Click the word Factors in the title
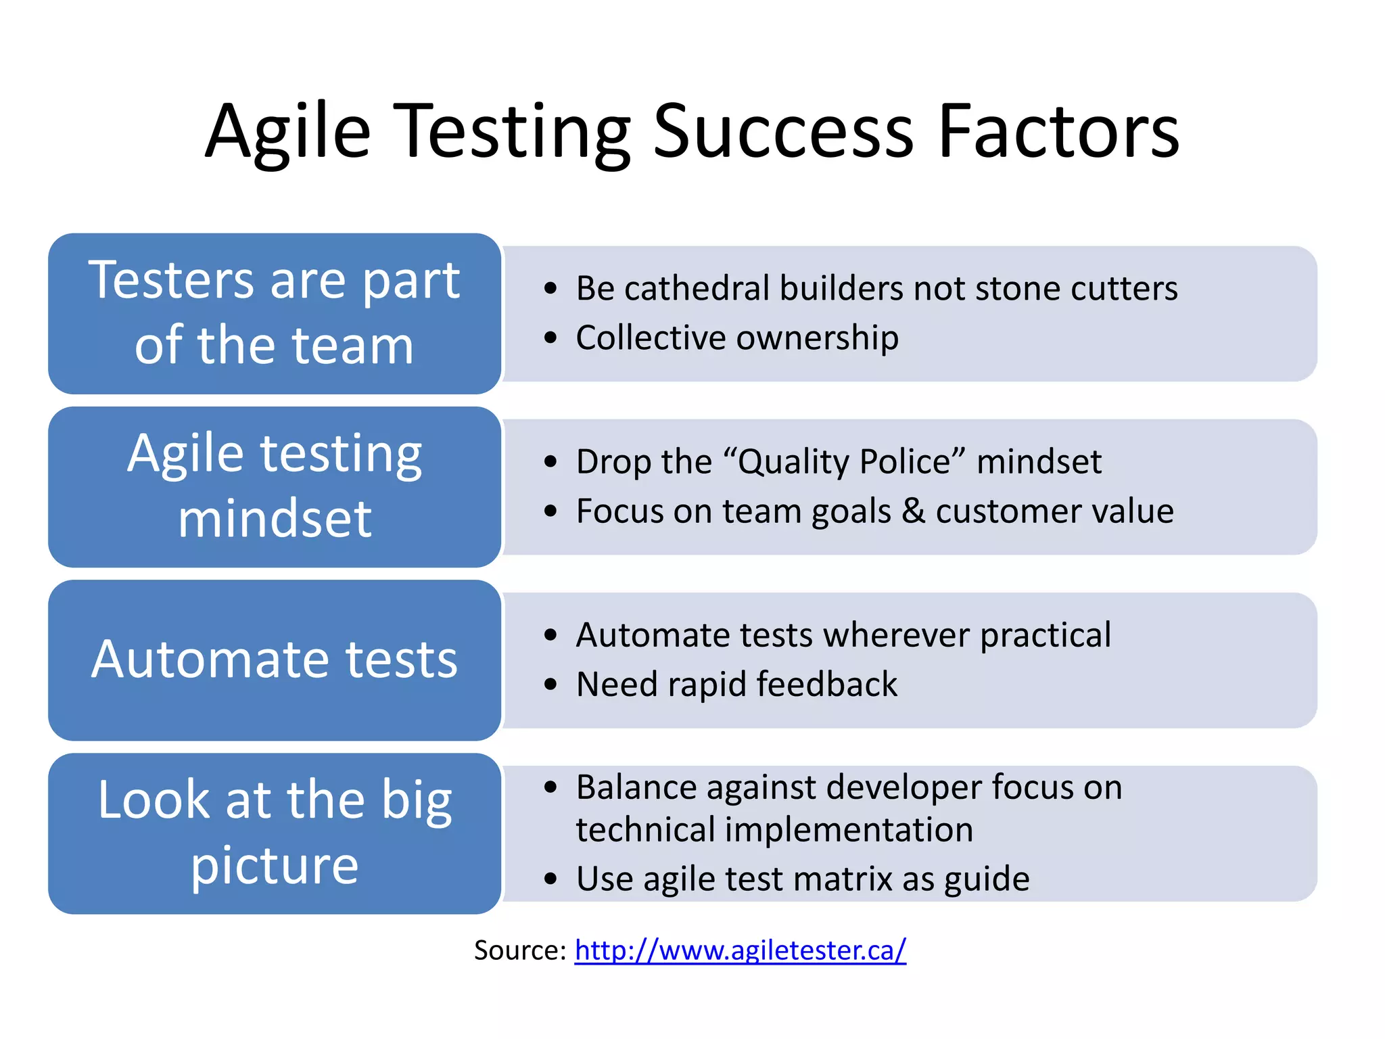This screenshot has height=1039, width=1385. (1058, 131)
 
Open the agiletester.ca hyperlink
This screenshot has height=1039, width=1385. (740, 950)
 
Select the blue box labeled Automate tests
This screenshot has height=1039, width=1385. (275, 660)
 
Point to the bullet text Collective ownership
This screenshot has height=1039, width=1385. (737, 338)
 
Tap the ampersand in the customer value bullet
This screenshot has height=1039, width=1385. (913, 511)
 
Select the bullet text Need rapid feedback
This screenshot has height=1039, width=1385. (736, 685)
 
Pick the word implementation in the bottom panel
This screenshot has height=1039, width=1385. (849, 830)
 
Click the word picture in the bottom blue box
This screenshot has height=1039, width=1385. (275, 866)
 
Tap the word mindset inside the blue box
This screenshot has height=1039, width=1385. (275, 519)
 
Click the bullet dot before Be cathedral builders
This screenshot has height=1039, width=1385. (550, 289)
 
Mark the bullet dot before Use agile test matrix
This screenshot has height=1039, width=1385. (550, 879)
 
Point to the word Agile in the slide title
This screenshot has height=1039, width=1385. (288, 131)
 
